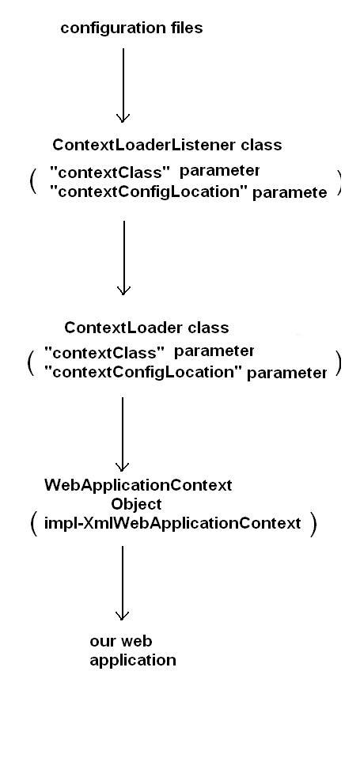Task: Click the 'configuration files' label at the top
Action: coord(131,28)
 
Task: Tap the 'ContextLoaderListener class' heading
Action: coord(167,146)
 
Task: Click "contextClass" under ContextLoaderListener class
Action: coord(110,171)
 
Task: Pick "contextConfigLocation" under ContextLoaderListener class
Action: coord(149,191)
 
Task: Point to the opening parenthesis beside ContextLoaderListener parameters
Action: coord(32,181)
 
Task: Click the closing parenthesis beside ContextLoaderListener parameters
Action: coord(339,181)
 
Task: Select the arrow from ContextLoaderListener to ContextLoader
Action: coord(123,257)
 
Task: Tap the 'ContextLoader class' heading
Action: coord(146,328)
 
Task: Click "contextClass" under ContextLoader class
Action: coord(104,351)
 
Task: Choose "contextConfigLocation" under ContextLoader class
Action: coord(143,371)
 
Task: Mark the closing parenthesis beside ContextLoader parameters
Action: coord(339,362)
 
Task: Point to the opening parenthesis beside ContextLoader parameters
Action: coord(29,362)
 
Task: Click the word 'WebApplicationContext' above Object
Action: coord(138,485)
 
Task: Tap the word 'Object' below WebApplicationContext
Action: coord(136,504)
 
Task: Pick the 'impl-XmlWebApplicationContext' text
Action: coord(172,523)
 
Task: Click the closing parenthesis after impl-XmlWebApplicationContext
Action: coord(313,524)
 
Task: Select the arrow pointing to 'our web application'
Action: coord(123,582)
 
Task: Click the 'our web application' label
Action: coord(132,650)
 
